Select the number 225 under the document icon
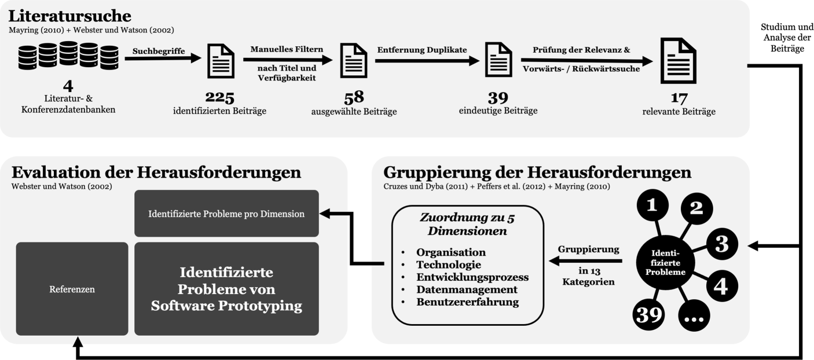[219, 97]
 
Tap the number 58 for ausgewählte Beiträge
[354, 97]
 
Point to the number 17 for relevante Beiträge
[679, 98]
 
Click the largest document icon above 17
[679, 60]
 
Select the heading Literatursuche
[69, 16]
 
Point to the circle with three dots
[693, 316]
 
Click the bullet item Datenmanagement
[467, 289]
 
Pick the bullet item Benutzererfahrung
[467, 302]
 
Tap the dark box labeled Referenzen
[72, 289]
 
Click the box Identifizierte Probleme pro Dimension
[226, 214]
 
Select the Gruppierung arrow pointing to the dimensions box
[585, 262]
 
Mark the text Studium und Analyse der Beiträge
[786, 38]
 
